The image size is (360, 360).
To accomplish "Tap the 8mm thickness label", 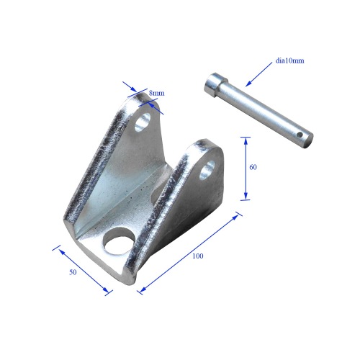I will click(x=156, y=94).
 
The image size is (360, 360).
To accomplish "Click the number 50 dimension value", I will click(x=72, y=274).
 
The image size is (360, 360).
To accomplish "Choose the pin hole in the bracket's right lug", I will click(x=208, y=169).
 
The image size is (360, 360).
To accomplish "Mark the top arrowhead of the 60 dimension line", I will click(x=246, y=139).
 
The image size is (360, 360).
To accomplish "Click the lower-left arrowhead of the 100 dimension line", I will click(x=141, y=289).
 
